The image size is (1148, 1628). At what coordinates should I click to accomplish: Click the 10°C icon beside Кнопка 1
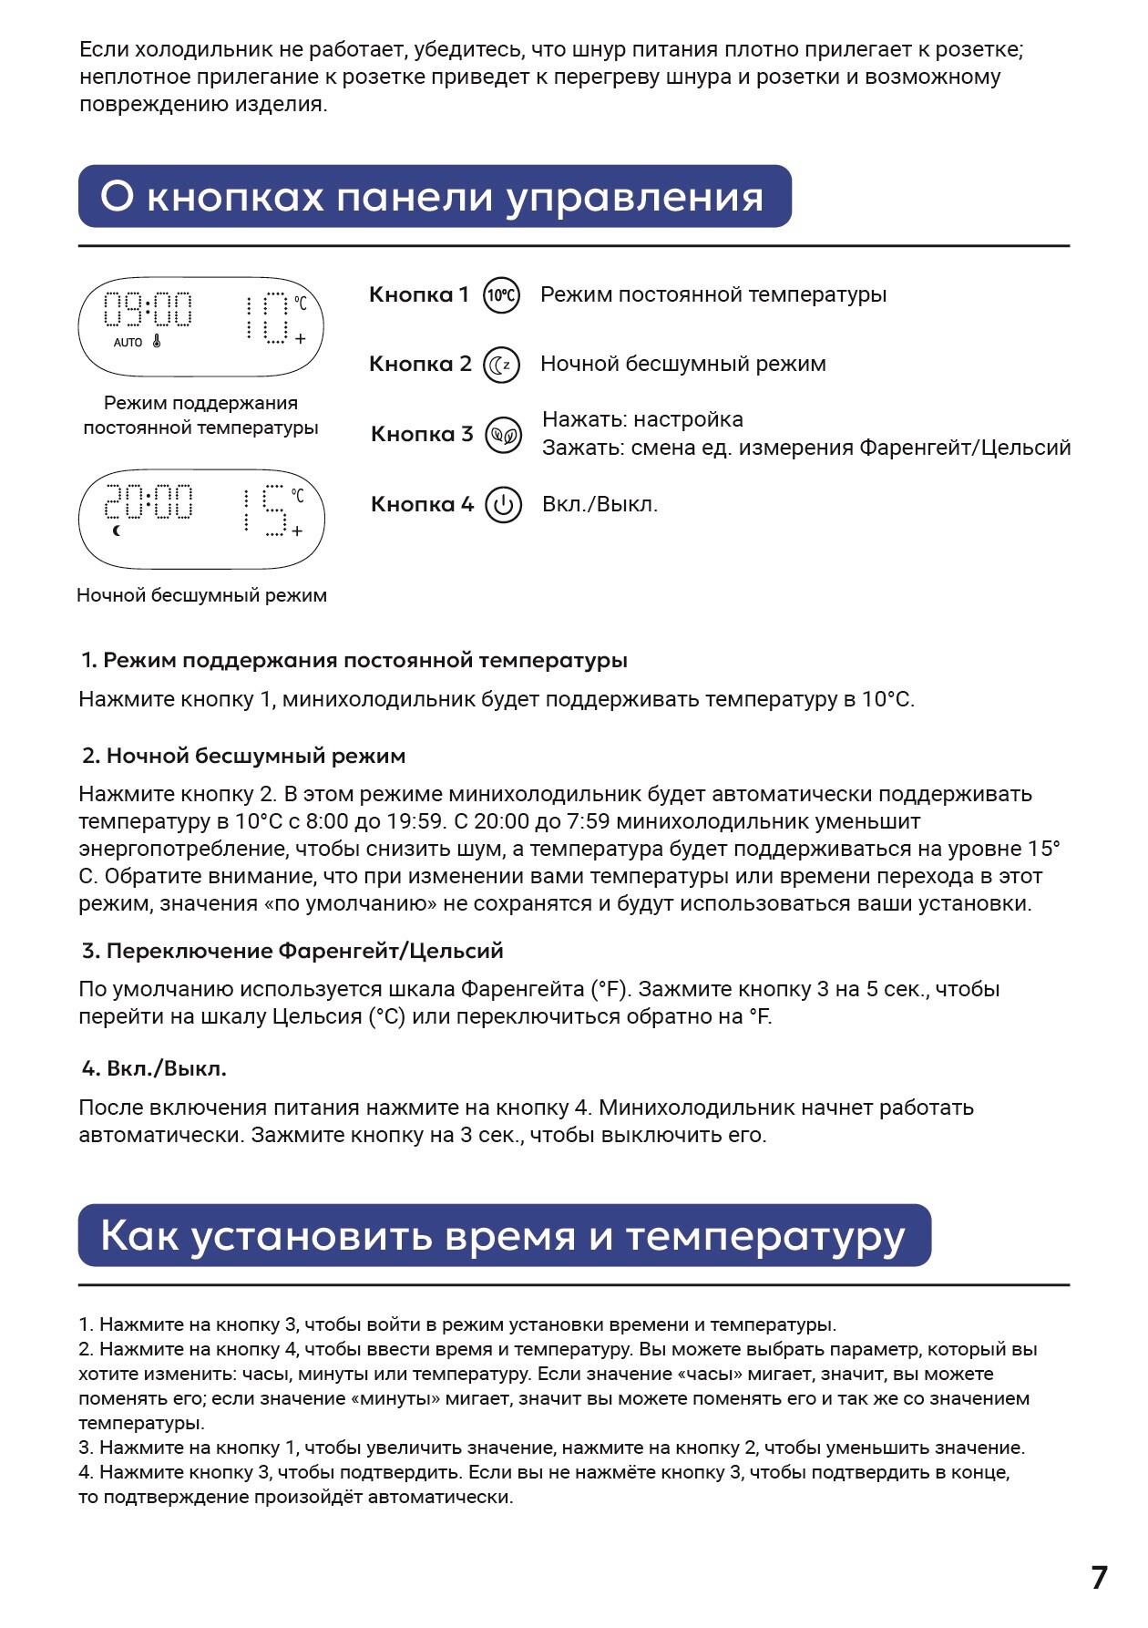point(501,295)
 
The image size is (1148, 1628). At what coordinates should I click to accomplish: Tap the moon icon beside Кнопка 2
point(501,365)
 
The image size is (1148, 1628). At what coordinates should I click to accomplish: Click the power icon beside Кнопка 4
point(503,505)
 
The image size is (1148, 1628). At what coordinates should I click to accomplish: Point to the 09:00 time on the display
point(149,310)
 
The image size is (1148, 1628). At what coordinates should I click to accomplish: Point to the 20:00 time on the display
point(149,502)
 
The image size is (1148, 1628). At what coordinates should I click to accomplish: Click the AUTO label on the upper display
point(128,343)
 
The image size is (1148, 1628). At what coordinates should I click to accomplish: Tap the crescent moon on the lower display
point(116,531)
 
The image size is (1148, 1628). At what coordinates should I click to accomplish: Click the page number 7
point(1100,1578)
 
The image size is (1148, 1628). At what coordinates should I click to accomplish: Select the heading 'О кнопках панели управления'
point(434,197)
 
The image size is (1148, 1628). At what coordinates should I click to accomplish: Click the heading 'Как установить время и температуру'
point(503,1236)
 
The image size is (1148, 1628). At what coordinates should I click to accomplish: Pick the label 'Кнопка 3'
point(422,435)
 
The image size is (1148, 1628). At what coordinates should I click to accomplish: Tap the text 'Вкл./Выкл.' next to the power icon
point(600,505)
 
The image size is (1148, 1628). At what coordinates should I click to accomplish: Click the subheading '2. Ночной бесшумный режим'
point(243,756)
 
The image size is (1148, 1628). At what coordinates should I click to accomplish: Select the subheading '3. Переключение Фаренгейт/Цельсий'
point(292,951)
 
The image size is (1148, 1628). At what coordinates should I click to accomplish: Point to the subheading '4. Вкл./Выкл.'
point(154,1068)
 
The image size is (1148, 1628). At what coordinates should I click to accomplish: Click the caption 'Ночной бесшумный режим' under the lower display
point(201,595)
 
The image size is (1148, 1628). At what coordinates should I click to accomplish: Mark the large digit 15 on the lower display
point(264,510)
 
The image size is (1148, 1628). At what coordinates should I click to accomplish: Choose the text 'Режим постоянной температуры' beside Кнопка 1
point(713,295)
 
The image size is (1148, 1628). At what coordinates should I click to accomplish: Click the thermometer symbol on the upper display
point(157,343)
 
